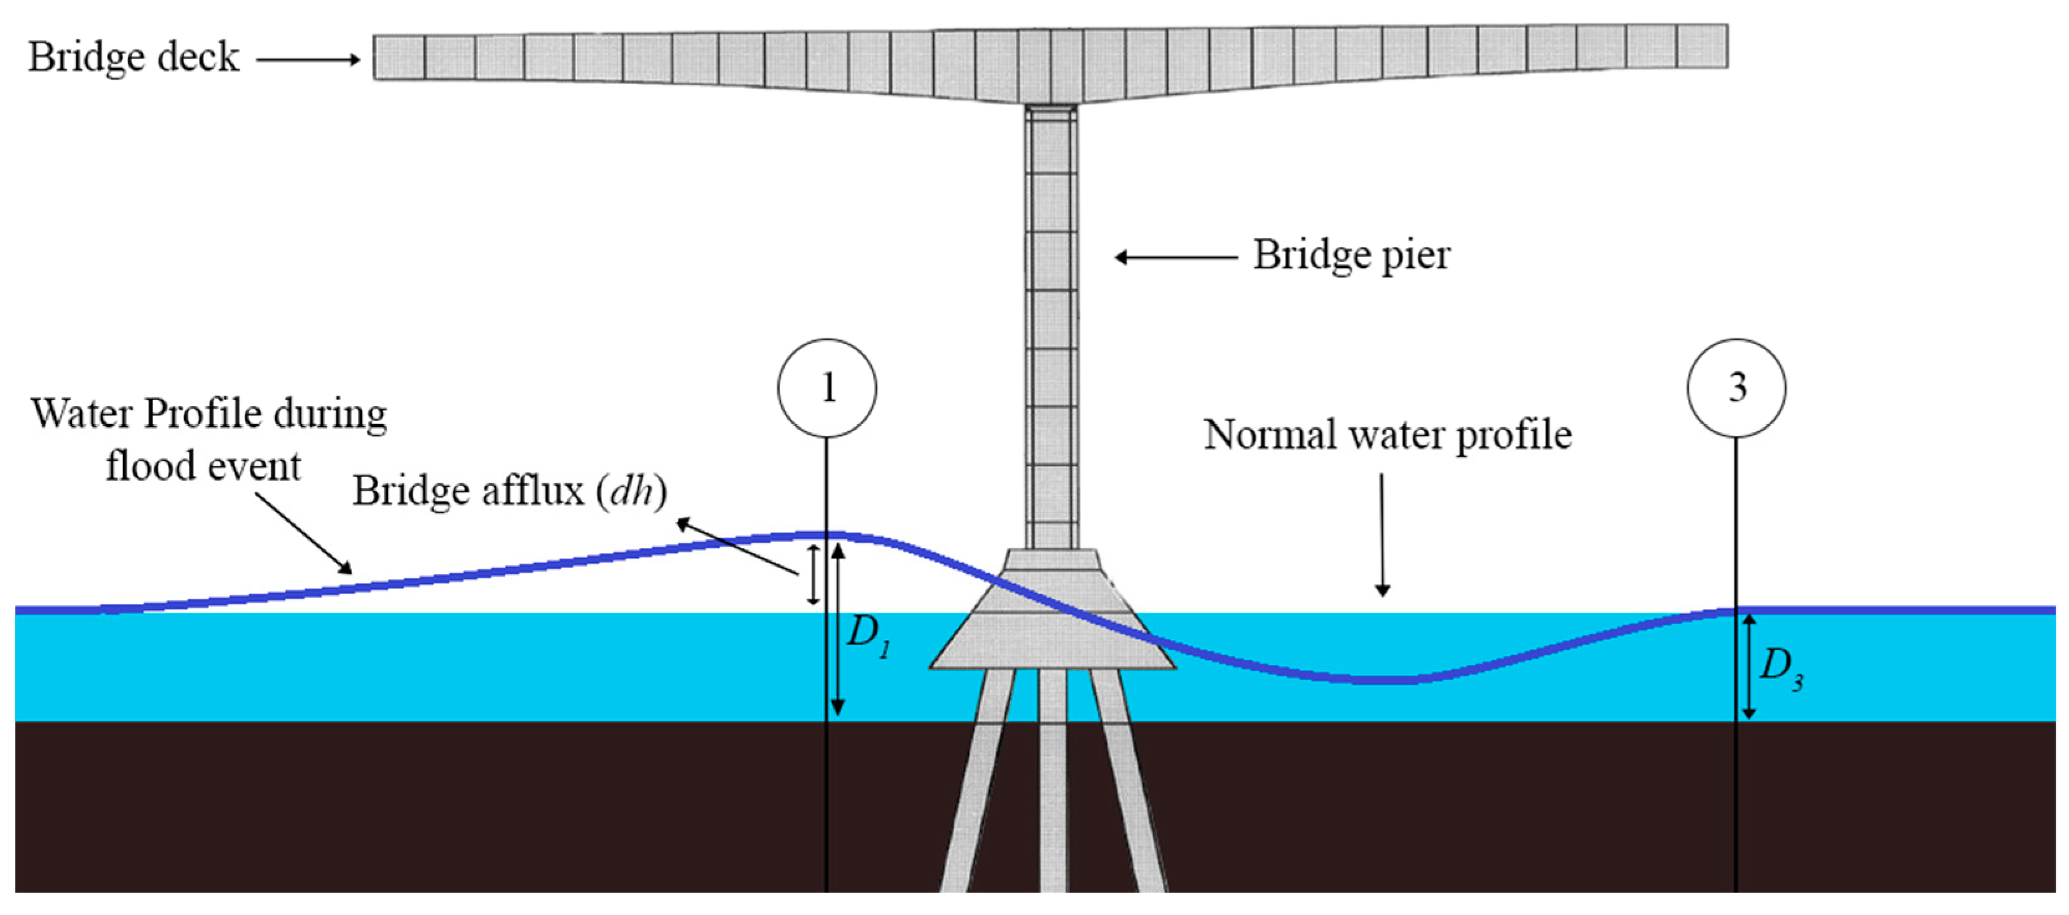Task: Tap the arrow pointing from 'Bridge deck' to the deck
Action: (x=308, y=58)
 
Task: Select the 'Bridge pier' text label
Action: (x=1352, y=256)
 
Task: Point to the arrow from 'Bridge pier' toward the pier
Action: (x=1175, y=257)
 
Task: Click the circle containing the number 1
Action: (x=826, y=388)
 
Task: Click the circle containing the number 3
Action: (x=1736, y=388)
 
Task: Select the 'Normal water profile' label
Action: (x=1387, y=435)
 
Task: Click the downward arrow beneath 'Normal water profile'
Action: (x=1382, y=534)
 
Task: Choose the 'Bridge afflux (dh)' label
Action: (x=509, y=491)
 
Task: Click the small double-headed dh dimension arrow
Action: (x=813, y=574)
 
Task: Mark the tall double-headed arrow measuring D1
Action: (x=838, y=629)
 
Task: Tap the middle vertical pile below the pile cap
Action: (x=1052, y=779)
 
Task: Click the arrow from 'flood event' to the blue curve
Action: (x=303, y=534)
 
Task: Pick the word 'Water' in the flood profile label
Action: (x=80, y=414)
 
